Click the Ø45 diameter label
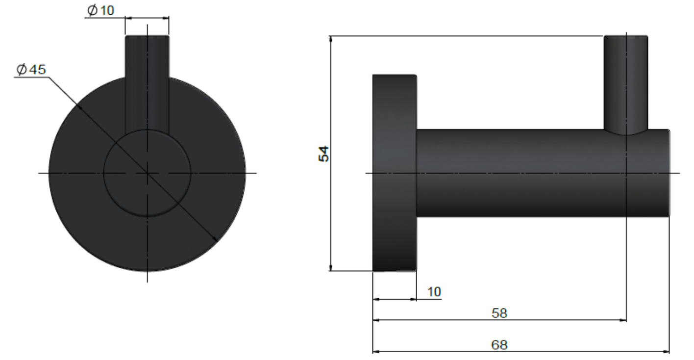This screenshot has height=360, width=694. click(x=31, y=70)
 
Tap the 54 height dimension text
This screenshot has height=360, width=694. click(x=323, y=153)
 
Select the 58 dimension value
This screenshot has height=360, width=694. click(x=499, y=313)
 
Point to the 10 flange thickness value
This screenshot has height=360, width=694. click(x=434, y=292)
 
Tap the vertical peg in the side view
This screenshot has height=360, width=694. click(x=626, y=83)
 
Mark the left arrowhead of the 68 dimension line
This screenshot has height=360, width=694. click(x=376, y=351)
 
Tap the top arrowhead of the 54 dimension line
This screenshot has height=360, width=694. click(x=331, y=39)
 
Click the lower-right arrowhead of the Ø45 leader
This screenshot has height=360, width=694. click(x=215, y=239)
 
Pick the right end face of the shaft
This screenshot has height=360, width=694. click(x=669, y=173)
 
